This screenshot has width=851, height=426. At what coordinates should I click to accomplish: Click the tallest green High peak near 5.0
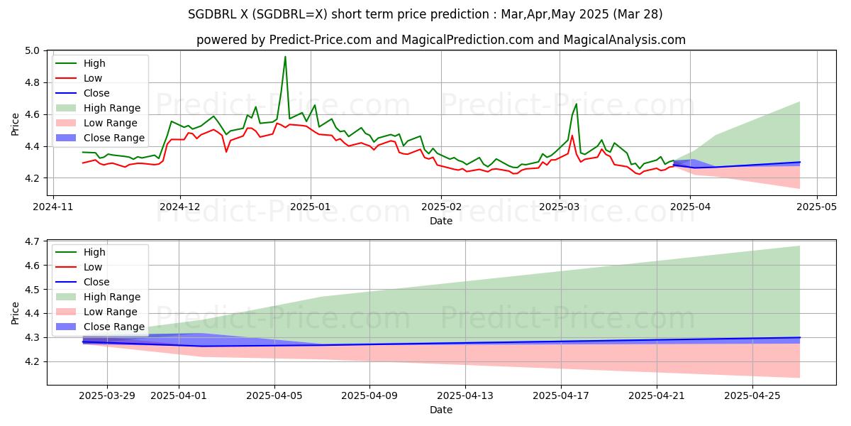[x=285, y=57]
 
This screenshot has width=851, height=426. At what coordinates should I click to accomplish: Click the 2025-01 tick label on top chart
[x=311, y=208]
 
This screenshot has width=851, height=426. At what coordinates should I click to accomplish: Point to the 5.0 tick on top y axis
[x=32, y=51]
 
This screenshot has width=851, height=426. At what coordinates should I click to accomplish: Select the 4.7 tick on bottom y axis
[x=32, y=242]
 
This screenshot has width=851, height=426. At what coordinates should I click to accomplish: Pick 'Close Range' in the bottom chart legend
[x=114, y=327]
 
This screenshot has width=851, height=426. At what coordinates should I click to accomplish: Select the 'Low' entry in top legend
[x=93, y=78]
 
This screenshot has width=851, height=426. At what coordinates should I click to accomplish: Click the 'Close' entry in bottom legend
[x=96, y=282]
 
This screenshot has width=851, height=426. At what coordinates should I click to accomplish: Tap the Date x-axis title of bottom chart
[x=441, y=410]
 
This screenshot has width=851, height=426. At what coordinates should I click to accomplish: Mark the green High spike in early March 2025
[x=576, y=104]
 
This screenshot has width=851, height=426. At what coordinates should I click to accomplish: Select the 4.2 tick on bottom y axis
[x=32, y=362]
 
